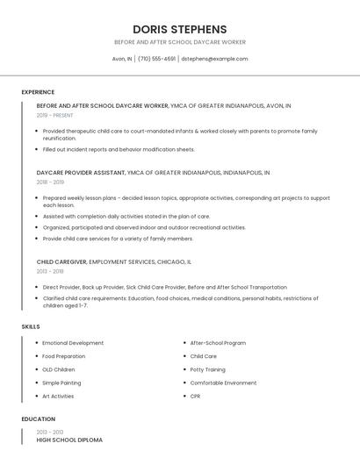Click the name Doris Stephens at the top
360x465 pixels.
(x=179, y=29)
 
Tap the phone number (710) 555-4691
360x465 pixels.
(x=157, y=59)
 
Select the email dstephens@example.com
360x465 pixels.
(x=214, y=59)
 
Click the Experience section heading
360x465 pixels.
(x=38, y=92)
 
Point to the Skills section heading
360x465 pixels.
(x=31, y=326)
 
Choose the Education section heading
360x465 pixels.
(x=39, y=419)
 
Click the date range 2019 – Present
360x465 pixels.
(x=54, y=115)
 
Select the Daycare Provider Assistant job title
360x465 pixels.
(x=81, y=173)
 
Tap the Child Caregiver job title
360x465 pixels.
(x=61, y=261)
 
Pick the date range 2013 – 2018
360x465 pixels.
(x=50, y=271)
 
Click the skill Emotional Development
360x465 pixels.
(x=73, y=343)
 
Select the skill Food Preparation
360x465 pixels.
(x=63, y=356)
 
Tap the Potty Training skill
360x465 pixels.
(x=208, y=369)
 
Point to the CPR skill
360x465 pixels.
(x=195, y=396)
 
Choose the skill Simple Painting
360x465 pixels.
(x=61, y=383)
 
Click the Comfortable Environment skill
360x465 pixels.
(x=223, y=383)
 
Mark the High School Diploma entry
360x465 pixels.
(x=69, y=440)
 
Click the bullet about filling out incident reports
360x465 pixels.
(x=119, y=149)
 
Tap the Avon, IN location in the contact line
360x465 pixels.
(x=122, y=59)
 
